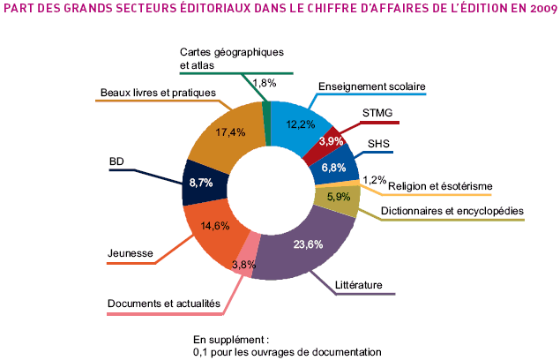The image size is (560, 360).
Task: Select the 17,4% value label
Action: pyautogui.click(x=229, y=133)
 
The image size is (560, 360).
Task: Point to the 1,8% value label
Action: pyautogui.click(x=265, y=83)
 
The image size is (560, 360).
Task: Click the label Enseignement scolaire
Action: pyautogui.click(x=371, y=87)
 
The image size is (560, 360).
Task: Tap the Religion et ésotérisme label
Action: pyautogui.click(x=440, y=186)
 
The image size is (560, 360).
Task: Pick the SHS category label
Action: pyautogui.click(x=377, y=143)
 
